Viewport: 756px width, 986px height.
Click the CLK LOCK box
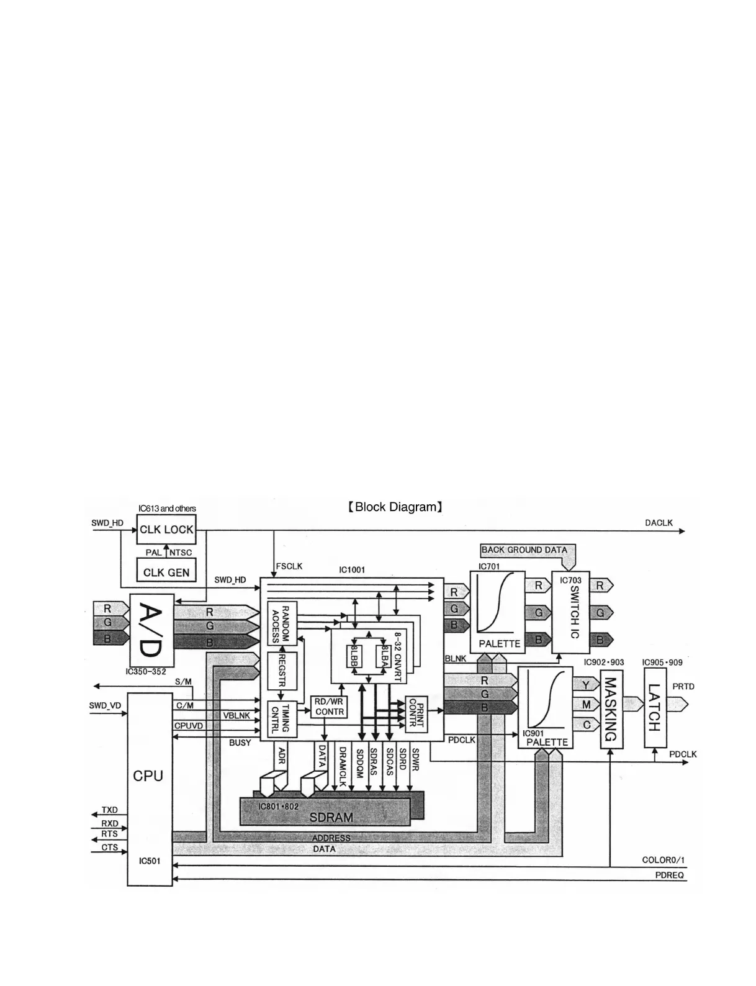(x=166, y=530)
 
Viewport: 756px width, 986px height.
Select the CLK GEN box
(x=166, y=571)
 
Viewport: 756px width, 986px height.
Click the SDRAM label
(x=331, y=816)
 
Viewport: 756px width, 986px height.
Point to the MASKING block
(x=611, y=709)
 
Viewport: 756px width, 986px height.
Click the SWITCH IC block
(x=570, y=612)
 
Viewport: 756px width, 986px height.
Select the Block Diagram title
(x=395, y=507)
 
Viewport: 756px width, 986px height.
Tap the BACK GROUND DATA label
(x=524, y=550)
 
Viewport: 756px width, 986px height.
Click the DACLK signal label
(x=659, y=523)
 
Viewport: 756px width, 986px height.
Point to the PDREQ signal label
(x=670, y=875)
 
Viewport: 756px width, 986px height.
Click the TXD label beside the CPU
(x=109, y=810)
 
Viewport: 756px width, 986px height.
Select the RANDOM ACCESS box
(x=282, y=623)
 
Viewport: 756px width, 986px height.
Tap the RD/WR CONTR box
(x=329, y=707)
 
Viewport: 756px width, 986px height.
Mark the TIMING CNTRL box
(x=281, y=719)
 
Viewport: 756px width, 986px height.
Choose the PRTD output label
(x=683, y=687)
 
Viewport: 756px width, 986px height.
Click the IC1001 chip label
(x=352, y=569)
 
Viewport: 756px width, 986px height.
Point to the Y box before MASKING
(x=586, y=685)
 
